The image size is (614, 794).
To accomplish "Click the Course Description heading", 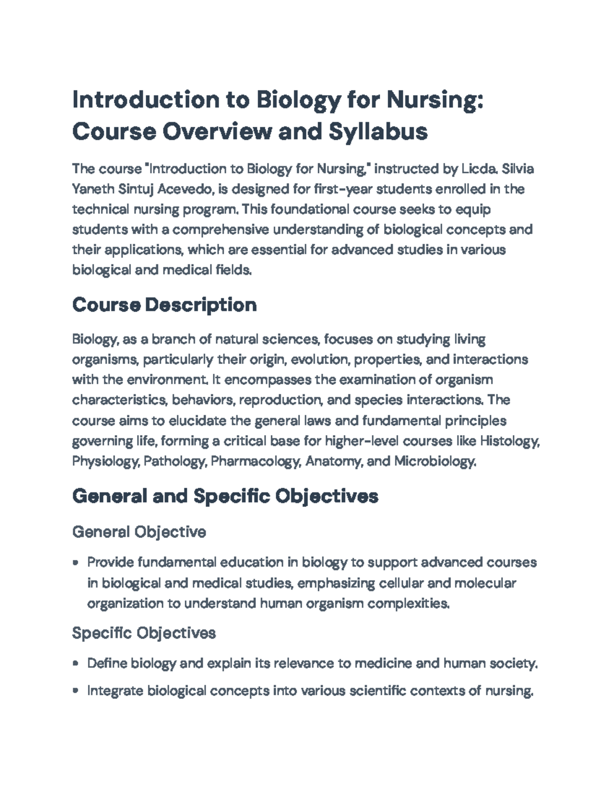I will pos(164,305).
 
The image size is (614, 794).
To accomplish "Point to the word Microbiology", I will pos(435,461).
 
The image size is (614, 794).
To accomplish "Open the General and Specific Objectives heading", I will pos(225,496).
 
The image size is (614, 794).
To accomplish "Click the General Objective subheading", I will pos(139,532).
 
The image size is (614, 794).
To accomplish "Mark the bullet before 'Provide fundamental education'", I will pos(76,563).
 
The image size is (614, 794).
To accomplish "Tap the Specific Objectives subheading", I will pos(144,633).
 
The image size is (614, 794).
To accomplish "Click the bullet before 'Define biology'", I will pos(76,664).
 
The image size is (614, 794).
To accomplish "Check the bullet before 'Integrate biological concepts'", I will pos(76,691).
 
